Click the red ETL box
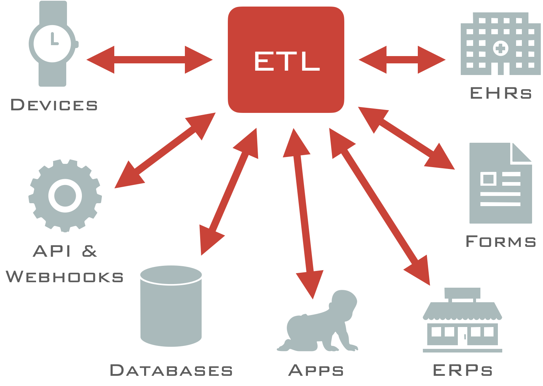coord(286,60)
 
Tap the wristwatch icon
coord(53,44)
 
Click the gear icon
coord(65,196)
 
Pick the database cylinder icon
coord(171,306)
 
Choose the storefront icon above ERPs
coord(462,320)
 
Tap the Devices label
coord(54,105)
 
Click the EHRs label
coord(501,93)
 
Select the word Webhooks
coord(65,277)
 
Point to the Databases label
coord(171,370)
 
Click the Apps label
coord(316,370)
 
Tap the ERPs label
coord(463,370)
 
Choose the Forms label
coord(501,241)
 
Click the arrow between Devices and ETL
coord(150,60)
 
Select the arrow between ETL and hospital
coord(402,60)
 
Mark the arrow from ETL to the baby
coord(303,213)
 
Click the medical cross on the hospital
coord(500,48)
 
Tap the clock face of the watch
coord(53,43)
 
